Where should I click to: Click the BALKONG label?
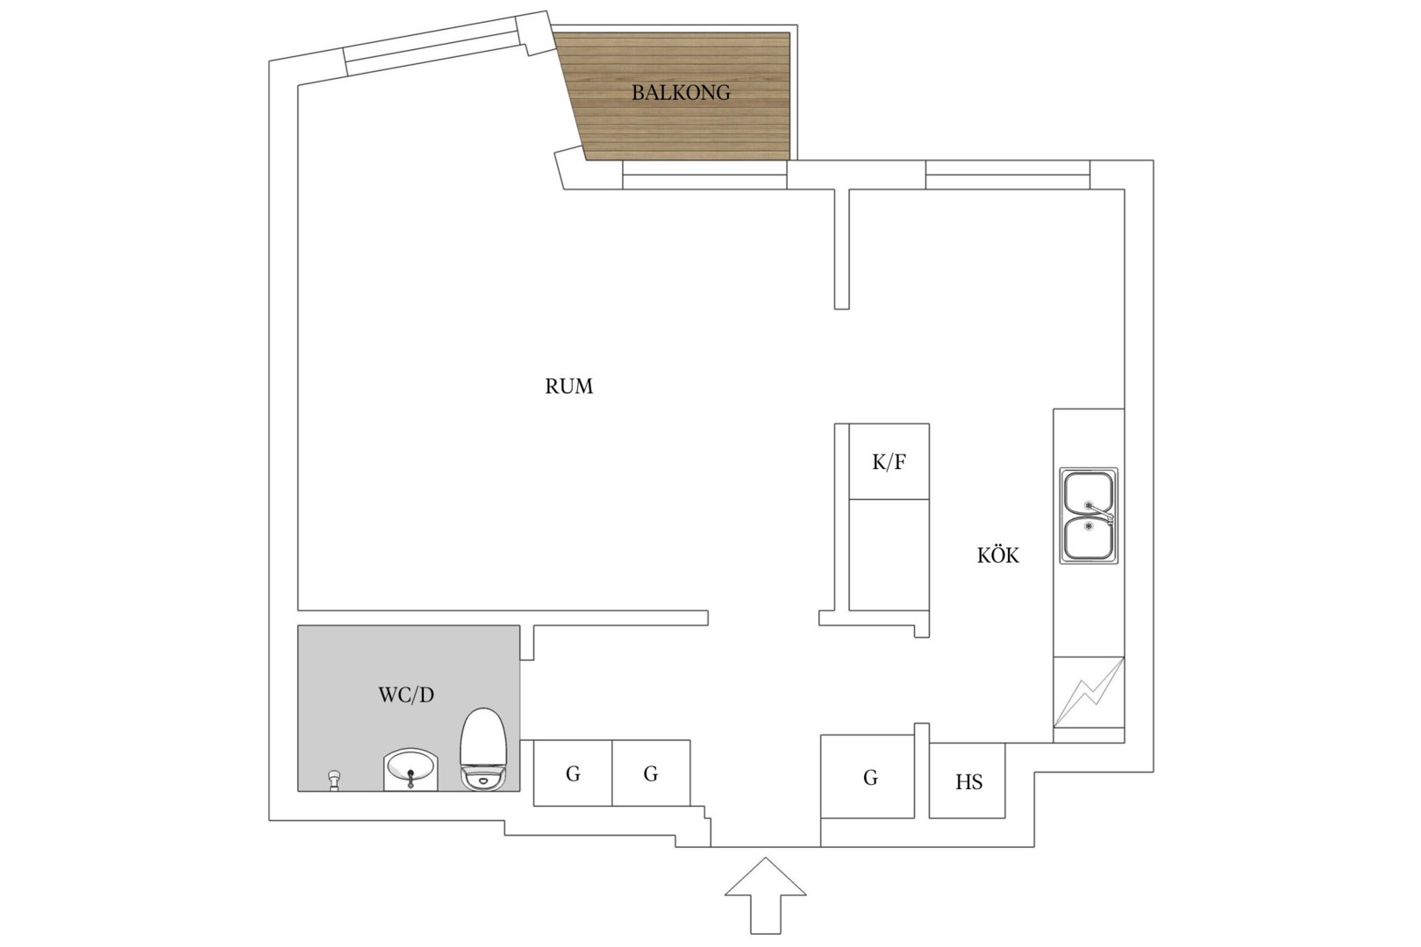coord(681,93)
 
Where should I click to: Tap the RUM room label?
coord(569,387)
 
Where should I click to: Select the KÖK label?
coord(998,555)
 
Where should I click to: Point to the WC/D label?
coord(406,695)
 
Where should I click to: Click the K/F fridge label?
coord(889,462)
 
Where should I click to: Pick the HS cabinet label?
coord(968,782)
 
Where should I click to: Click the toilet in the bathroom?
coord(483,749)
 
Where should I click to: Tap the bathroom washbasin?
coord(411,769)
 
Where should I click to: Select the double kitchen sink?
coord(1089,516)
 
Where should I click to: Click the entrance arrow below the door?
coord(766,895)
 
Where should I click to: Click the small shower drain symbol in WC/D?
coord(333,780)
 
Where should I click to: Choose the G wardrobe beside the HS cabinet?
coord(868,776)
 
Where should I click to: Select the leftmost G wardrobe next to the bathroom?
coord(573,773)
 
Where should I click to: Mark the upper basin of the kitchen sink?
coord(1088,492)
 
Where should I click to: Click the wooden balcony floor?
coord(681,96)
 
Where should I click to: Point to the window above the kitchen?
coord(1008,174)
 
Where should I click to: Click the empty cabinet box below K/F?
coord(889,555)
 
